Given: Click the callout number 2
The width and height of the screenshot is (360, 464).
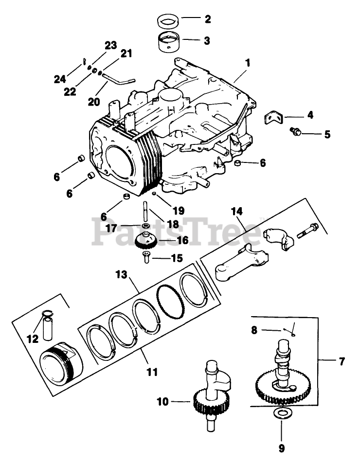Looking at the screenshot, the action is (x=208, y=19).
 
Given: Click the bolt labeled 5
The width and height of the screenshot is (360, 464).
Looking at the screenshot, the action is (x=295, y=131).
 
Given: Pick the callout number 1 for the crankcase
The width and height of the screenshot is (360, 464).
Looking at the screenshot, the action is (x=248, y=63).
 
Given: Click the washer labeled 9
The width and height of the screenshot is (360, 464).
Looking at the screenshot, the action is (x=282, y=413).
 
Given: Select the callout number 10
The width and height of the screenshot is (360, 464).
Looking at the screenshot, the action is (x=162, y=402).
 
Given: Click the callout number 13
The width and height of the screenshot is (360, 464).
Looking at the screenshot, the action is (x=122, y=275).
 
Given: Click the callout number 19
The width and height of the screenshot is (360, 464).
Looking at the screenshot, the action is (x=179, y=211).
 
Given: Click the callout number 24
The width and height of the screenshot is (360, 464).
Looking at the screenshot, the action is (x=60, y=79).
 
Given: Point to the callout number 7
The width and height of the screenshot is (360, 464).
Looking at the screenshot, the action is (x=342, y=361).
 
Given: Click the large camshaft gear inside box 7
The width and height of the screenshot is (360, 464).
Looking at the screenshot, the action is (x=283, y=386).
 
